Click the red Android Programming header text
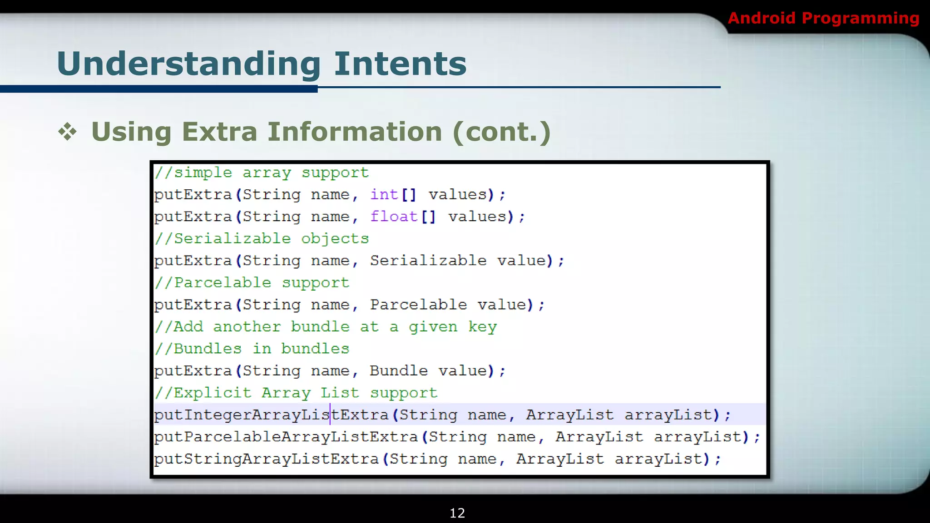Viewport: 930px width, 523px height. click(823, 18)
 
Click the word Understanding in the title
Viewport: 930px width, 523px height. click(189, 64)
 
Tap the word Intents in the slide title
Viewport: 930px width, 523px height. click(400, 64)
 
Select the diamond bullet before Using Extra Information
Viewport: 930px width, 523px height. click(68, 132)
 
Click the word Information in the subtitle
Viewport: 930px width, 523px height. click(355, 132)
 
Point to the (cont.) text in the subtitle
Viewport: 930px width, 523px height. click(501, 132)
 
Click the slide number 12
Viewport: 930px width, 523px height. click(457, 513)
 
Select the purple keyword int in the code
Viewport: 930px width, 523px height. click(384, 194)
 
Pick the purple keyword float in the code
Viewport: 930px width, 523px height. click(394, 217)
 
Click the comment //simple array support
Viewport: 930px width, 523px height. click(262, 173)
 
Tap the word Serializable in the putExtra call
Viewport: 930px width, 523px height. click(428, 261)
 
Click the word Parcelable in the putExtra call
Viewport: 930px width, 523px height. click(418, 305)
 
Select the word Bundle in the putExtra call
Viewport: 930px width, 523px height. click(398, 371)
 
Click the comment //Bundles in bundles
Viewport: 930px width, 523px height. click(252, 349)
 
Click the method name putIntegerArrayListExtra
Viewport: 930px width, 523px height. click(271, 415)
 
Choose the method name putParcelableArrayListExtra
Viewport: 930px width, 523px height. click(286, 437)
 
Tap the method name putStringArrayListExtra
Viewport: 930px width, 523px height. click(266, 459)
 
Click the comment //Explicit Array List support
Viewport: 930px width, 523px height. click(296, 393)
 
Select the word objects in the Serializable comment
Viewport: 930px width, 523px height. click(335, 239)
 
